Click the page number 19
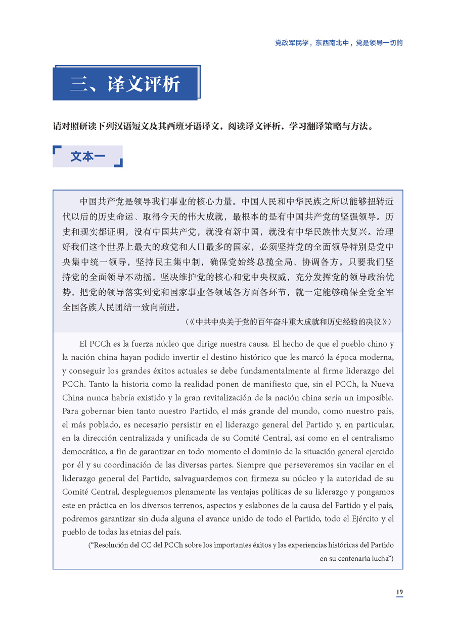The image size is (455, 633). click(399, 592)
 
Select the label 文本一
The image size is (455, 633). click(87, 156)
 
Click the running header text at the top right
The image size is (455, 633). click(338, 43)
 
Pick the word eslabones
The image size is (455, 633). click(269, 505)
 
